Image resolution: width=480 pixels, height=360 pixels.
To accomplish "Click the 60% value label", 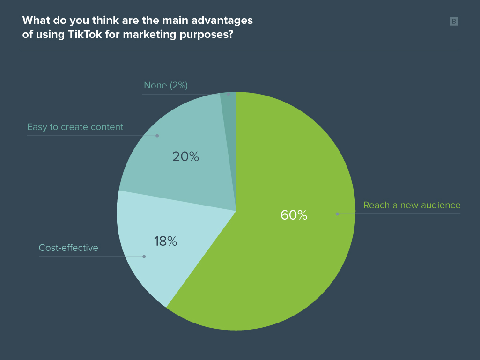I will click(x=294, y=215).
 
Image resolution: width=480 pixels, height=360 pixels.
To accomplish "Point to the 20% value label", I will click(x=185, y=156).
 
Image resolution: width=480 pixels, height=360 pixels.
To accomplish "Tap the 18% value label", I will click(x=165, y=242).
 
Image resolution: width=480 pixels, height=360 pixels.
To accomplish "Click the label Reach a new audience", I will click(x=412, y=205).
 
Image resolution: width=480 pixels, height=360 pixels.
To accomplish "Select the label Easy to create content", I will click(x=75, y=127).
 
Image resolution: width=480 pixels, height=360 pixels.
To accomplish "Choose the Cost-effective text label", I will click(x=68, y=248).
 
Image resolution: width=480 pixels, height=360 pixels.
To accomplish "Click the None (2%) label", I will click(x=166, y=85).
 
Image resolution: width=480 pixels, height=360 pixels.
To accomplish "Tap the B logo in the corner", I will click(x=453, y=21).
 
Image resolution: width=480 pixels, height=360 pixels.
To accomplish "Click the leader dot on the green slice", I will click(x=337, y=214).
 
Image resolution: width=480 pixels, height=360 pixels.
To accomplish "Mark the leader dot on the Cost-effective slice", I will click(x=144, y=257).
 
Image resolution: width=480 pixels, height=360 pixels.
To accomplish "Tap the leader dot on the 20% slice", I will click(x=157, y=136).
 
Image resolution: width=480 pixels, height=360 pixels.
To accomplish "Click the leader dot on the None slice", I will click(x=228, y=94).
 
